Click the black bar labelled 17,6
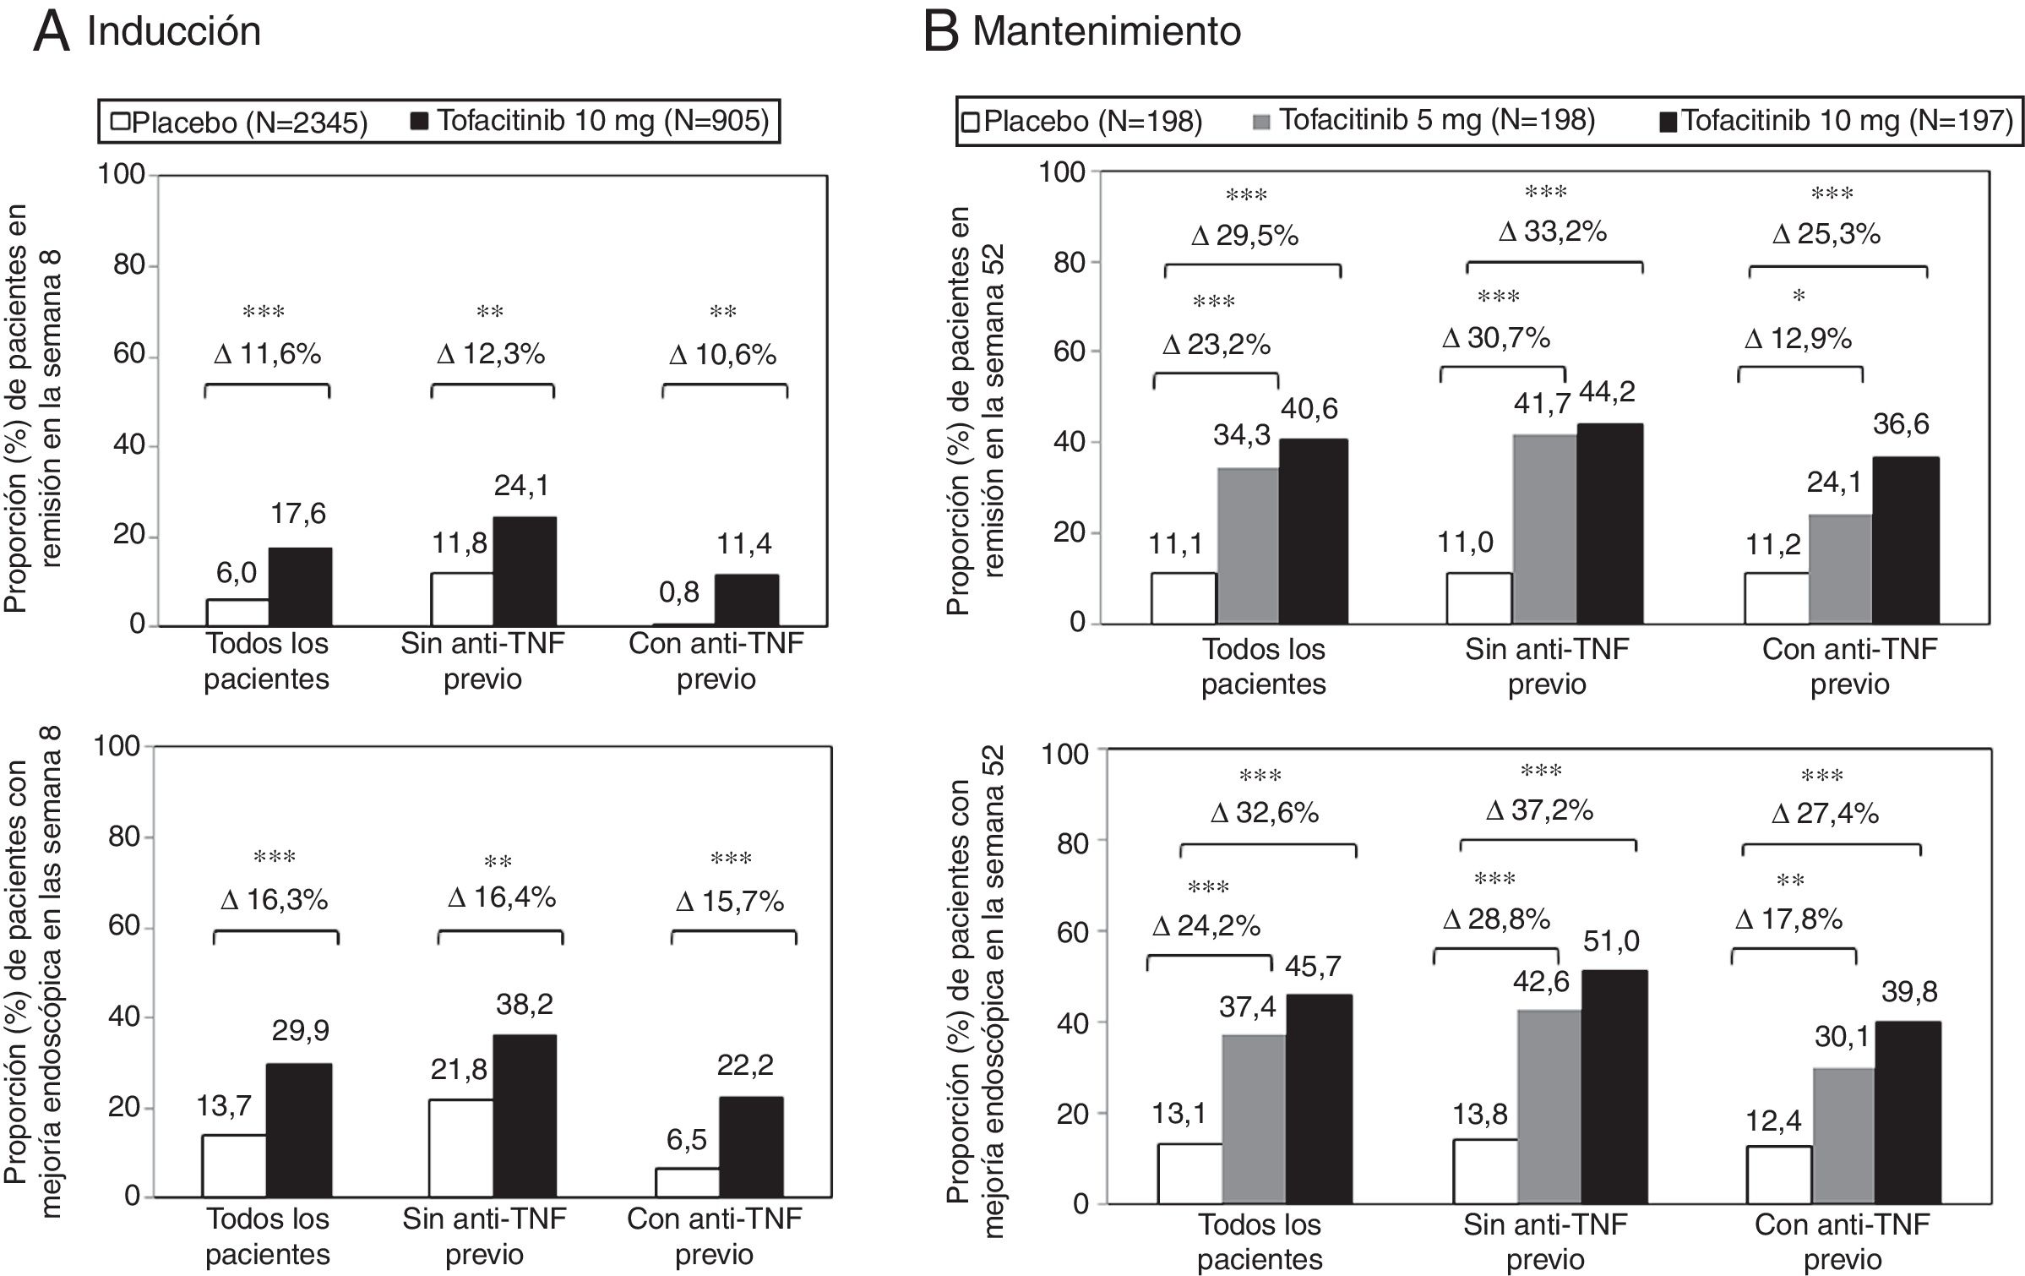pyautogui.click(x=300, y=586)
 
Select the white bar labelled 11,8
pyautogui.click(x=462, y=599)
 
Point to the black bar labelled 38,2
pyautogui.click(x=525, y=1115)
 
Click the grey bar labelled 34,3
pyautogui.click(x=1248, y=546)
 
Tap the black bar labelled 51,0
pyautogui.click(x=1614, y=1087)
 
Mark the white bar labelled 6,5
pyautogui.click(x=687, y=1182)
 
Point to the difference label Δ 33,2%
pyautogui.click(x=1553, y=232)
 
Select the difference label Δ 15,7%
pyautogui.click(x=730, y=902)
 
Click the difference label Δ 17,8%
pyautogui.click(x=1789, y=919)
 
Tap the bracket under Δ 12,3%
pyautogui.click(x=493, y=389)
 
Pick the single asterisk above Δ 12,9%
pyautogui.click(x=1799, y=297)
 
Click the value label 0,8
pyautogui.click(x=679, y=592)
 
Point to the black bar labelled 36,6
pyautogui.click(x=1905, y=541)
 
